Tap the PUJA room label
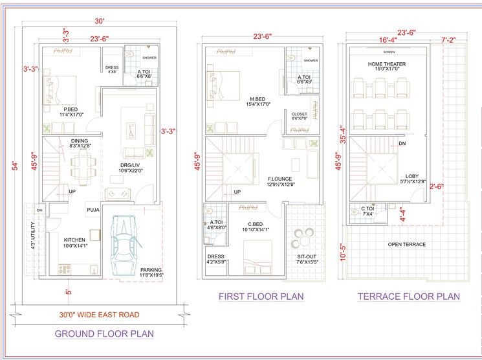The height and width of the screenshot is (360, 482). tap(92, 209)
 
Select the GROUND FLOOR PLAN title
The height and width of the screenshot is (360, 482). tap(104, 334)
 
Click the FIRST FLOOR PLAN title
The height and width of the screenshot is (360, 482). tap(261, 297)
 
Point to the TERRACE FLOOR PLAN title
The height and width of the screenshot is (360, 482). tap(409, 297)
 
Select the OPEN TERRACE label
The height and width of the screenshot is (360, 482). tap(406, 244)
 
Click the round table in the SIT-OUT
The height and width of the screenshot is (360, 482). tap(301, 236)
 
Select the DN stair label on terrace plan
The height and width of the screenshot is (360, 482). tap(402, 143)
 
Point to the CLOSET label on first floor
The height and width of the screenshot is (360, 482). tap(300, 114)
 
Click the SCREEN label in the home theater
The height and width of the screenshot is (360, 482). tap(389, 52)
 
